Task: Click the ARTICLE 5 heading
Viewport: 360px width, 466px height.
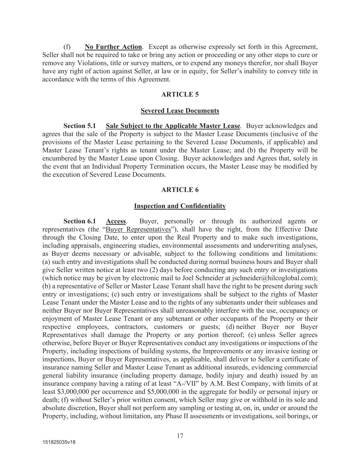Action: [x=180, y=95]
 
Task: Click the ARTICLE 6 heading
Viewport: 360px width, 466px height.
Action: [x=180, y=190]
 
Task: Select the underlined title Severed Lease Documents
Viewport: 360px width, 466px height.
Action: [x=180, y=111]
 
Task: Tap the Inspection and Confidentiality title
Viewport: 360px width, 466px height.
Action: [x=180, y=206]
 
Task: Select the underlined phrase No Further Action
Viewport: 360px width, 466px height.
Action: [x=113, y=47]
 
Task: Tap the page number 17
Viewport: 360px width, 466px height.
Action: [x=180, y=436]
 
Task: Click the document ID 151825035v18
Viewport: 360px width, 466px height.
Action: [x=59, y=442]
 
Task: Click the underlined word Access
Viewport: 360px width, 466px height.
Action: [x=116, y=221]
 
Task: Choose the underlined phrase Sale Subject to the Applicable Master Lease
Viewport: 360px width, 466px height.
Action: [x=173, y=126]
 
